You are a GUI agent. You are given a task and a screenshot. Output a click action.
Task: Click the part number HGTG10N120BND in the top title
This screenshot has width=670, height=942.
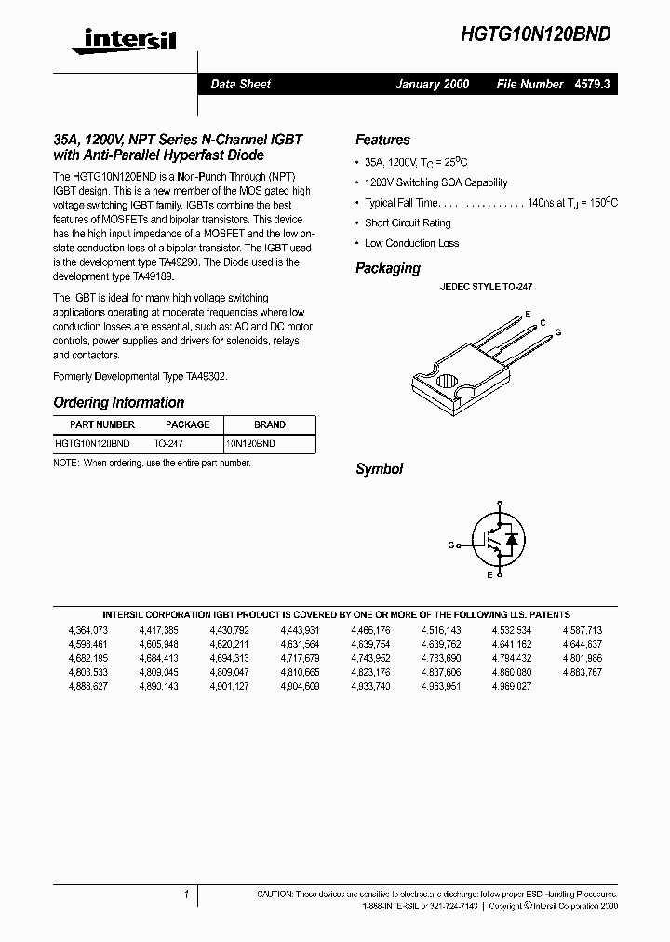point(537,34)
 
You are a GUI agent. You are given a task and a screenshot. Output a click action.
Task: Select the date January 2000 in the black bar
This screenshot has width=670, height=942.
point(432,84)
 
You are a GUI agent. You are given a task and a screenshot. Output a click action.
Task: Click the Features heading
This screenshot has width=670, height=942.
point(382,140)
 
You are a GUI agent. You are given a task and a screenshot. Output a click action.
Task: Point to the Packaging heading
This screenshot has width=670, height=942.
point(388,268)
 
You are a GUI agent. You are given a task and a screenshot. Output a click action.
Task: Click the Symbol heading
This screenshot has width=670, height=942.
point(379,469)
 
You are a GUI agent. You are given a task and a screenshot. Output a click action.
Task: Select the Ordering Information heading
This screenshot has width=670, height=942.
point(118,403)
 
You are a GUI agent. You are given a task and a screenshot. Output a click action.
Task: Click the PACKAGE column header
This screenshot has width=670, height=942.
point(188,424)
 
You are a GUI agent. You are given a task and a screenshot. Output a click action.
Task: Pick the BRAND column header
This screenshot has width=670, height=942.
point(270,424)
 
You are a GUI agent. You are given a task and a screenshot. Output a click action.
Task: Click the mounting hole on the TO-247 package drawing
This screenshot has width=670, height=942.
point(445,382)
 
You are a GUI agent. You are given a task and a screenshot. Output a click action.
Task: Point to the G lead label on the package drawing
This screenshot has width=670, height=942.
point(558,332)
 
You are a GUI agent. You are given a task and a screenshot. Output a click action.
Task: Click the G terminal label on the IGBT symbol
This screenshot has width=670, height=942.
point(450,545)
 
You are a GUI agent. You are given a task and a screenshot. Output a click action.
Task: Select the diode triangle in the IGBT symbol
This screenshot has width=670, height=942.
point(510,539)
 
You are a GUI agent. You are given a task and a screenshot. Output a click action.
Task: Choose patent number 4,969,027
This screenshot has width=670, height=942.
point(511,686)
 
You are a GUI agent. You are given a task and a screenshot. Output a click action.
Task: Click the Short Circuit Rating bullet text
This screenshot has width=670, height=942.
point(408,223)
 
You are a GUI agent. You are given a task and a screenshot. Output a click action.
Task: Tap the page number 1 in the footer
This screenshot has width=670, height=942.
point(186,895)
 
